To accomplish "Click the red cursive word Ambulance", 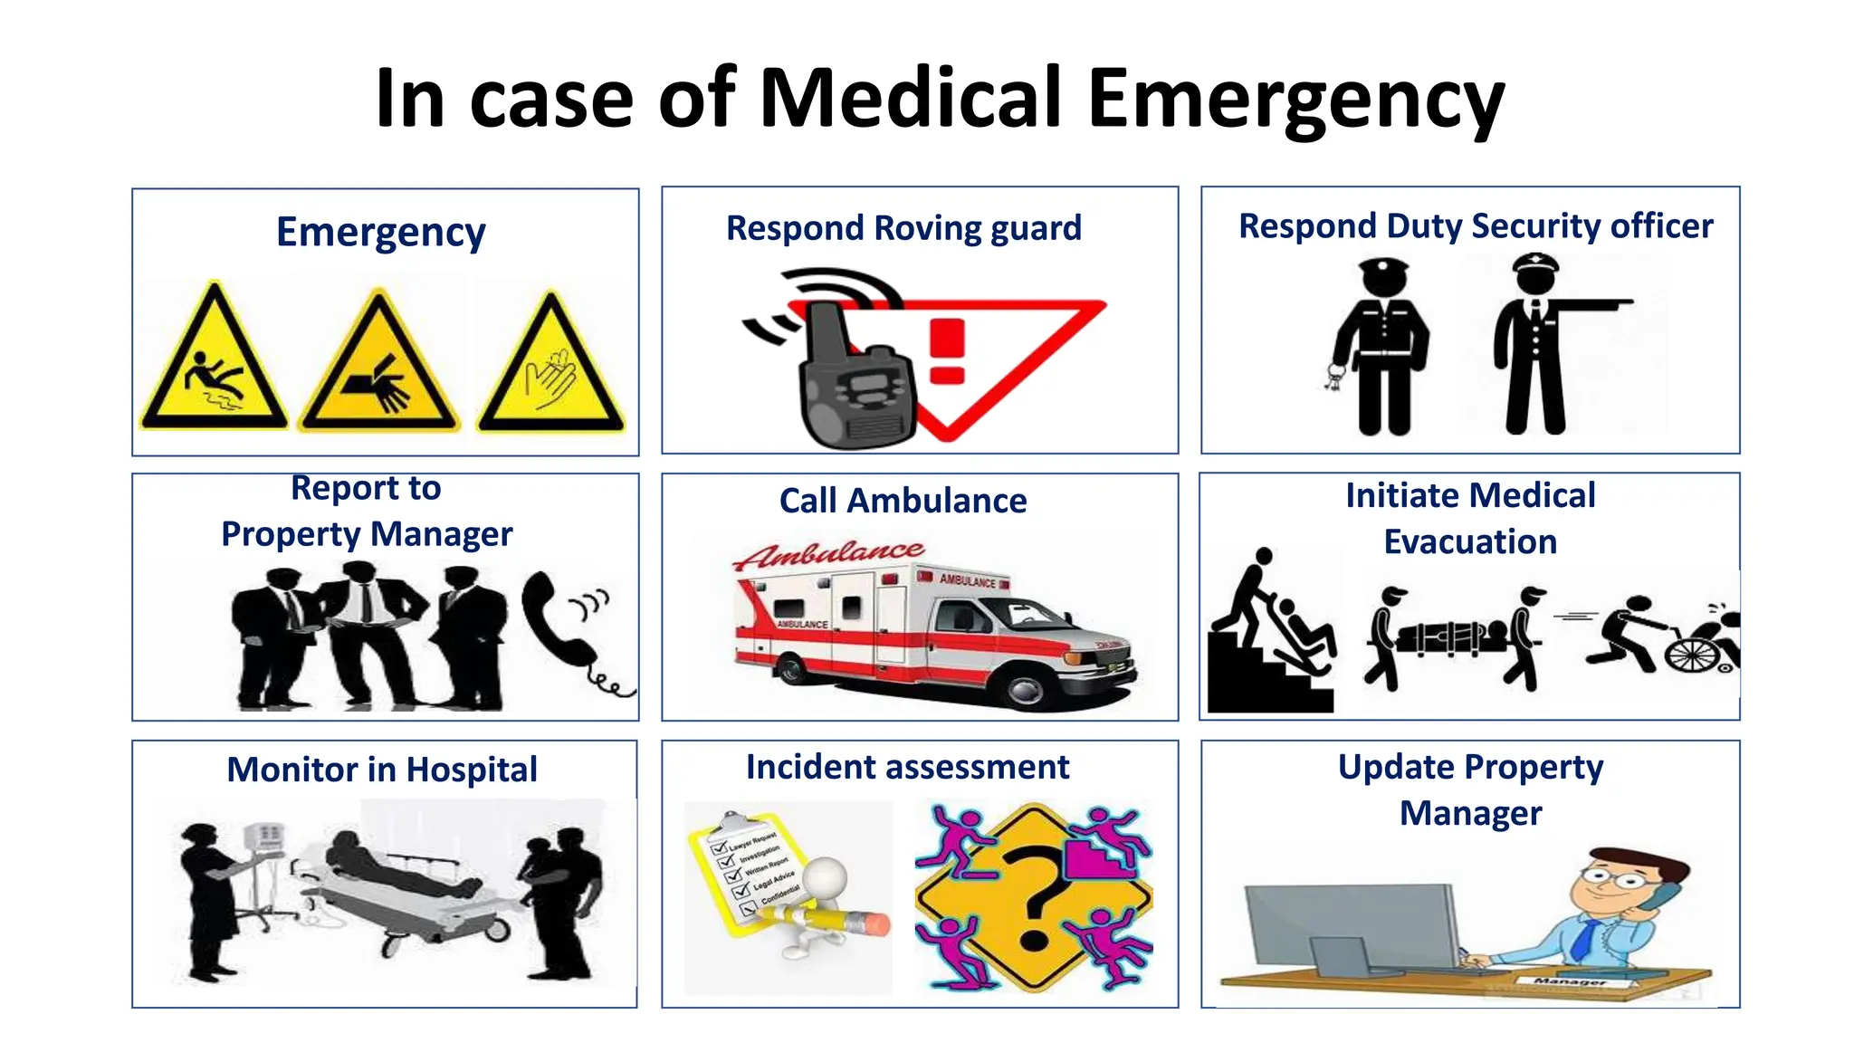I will click(x=828, y=554).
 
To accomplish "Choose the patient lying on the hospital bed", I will click(x=398, y=865).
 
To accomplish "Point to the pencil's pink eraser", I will click(x=875, y=924).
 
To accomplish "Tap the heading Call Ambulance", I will click(x=903, y=501).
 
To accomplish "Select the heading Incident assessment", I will click(x=907, y=767).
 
